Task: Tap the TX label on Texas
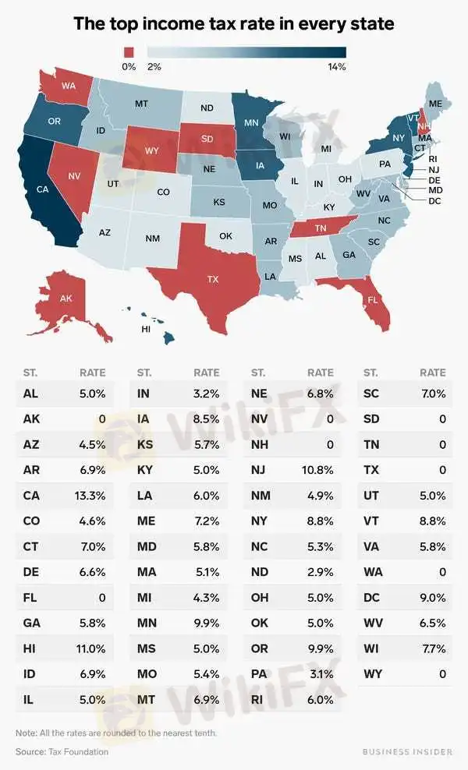[212, 278]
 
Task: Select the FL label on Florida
[373, 299]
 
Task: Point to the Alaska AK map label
[66, 298]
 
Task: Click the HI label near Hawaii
[145, 329]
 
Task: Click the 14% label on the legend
[336, 67]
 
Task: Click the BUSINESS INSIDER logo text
[407, 751]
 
